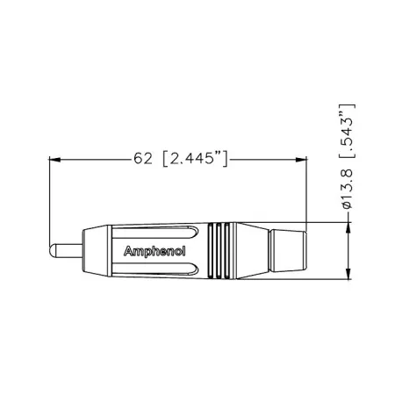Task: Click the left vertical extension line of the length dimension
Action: pyautogui.click(x=49, y=202)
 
